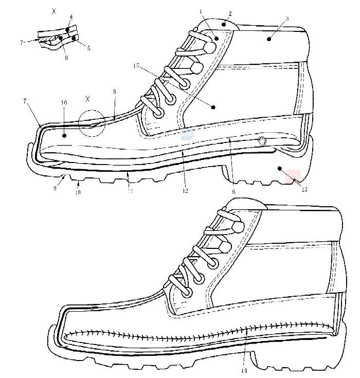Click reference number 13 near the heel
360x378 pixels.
304,190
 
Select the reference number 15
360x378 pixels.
136,66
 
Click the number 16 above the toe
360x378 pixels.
64,103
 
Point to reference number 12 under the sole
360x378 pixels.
184,191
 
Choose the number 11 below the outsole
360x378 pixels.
130,191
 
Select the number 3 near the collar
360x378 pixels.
286,19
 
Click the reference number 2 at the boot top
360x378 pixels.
230,14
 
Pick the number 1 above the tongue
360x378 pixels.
201,10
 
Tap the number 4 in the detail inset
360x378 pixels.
71,16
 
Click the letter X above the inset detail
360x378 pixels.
53,10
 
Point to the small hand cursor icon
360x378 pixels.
262,139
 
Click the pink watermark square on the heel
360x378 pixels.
293,177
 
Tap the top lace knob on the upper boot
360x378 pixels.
209,47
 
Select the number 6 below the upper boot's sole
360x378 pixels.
234,191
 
